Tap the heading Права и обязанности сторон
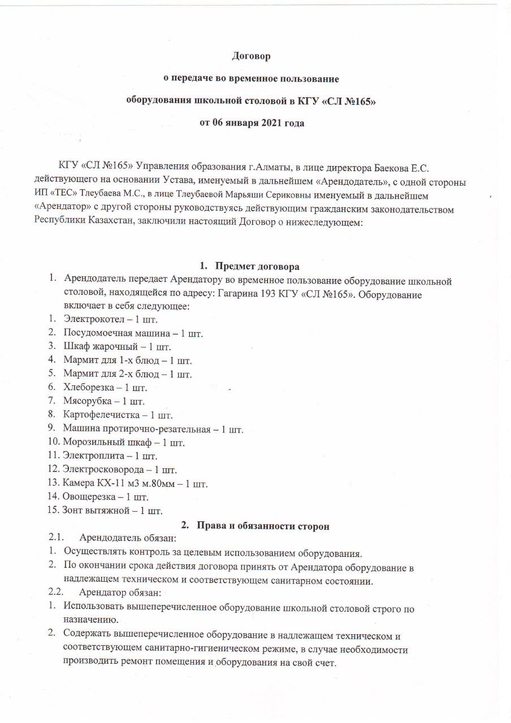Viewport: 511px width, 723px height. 263,526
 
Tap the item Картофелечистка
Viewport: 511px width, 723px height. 97,415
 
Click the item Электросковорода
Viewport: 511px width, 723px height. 99,470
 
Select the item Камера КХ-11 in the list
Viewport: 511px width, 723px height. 88,484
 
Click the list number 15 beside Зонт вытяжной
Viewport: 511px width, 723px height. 53,511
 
